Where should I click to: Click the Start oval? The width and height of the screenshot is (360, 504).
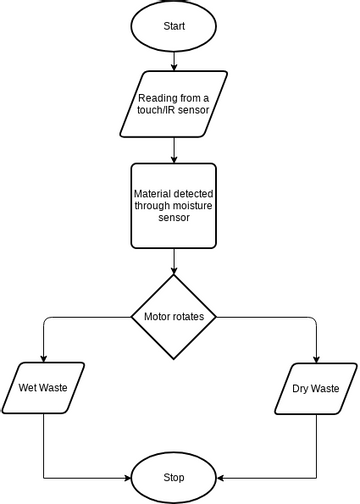pyautogui.click(x=174, y=24)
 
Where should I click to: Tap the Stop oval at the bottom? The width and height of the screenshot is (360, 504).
pyautogui.click(x=174, y=477)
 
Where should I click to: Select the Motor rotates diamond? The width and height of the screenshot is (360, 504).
pyautogui.click(x=174, y=318)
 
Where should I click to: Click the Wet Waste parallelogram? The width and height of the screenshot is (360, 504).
pyautogui.click(x=44, y=388)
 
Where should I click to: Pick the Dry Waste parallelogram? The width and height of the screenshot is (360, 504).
pyautogui.click(x=316, y=388)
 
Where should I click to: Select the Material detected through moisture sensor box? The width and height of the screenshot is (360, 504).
pyautogui.click(x=174, y=205)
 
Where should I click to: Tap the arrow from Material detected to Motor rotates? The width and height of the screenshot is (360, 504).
pyautogui.click(x=174, y=260)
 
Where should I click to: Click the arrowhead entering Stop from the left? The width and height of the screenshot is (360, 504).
pyautogui.click(x=130, y=477)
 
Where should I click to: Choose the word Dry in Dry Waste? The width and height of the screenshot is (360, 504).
pyautogui.click(x=302, y=388)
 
